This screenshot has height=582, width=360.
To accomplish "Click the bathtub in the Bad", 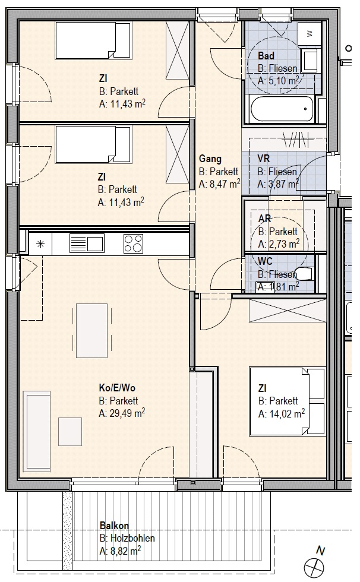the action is (283, 108).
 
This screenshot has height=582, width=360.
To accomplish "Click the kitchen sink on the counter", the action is (87, 243).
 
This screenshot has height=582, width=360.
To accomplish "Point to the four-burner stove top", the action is (134, 243).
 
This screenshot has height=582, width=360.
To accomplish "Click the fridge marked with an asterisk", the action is (40, 244).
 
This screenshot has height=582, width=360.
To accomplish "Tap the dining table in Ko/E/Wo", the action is (91, 330).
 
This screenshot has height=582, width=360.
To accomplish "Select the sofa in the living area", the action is (36, 431).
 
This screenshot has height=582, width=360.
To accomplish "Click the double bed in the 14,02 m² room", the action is (288, 400).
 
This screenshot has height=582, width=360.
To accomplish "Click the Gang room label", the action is (210, 159).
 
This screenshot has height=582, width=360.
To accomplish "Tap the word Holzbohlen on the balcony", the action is (132, 538).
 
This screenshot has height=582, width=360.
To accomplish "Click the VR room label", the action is (264, 159).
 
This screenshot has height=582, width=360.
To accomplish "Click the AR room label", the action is (264, 219).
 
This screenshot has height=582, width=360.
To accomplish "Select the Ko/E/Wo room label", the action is (117, 388).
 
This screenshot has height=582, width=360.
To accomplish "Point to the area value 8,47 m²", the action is (225, 184).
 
